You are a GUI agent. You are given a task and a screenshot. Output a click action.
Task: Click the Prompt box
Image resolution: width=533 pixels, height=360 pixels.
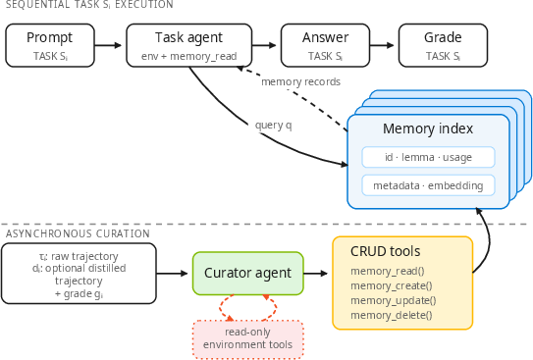[x=50, y=45]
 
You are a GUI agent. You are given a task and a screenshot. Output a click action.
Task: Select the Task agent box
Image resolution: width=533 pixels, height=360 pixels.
[x=189, y=45]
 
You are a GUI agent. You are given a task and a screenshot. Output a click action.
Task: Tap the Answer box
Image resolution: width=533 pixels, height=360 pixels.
[x=325, y=45]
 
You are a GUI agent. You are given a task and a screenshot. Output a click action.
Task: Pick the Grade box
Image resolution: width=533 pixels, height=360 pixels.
[x=443, y=45]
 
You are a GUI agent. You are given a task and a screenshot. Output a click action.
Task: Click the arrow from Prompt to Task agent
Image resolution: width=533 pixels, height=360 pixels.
[x=108, y=45]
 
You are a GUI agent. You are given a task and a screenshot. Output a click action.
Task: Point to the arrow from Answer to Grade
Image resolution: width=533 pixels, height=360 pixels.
[x=382, y=45]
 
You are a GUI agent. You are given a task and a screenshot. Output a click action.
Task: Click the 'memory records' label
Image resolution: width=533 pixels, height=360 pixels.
[x=300, y=81]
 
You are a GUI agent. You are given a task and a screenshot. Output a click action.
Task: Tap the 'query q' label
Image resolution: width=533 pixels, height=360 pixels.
[x=274, y=126]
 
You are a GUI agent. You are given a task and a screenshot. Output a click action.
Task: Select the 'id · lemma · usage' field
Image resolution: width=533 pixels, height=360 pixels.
[x=428, y=157]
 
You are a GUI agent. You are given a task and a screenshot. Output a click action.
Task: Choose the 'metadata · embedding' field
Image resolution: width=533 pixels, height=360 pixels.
[x=428, y=185]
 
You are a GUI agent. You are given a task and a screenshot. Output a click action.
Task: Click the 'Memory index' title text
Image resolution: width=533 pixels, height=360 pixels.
[x=428, y=129]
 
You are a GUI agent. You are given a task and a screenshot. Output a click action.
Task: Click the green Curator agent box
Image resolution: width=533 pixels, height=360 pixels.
[x=247, y=273]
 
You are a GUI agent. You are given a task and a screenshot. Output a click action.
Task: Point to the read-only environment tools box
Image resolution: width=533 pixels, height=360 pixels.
[x=247, y=339]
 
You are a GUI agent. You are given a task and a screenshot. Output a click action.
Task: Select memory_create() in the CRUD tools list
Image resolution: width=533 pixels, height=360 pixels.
[x=392, y=286]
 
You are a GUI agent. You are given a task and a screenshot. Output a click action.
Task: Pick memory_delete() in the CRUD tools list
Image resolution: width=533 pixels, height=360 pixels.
[x=392, y=316]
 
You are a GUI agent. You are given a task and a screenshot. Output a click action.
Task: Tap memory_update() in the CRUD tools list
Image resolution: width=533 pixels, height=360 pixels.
[x=394, y=300]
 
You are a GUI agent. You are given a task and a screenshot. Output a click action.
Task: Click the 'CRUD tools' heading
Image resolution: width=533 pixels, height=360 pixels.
[x=386, y=251]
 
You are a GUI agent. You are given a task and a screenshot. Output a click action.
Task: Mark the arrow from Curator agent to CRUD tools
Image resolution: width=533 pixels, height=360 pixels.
[x=315, y=273]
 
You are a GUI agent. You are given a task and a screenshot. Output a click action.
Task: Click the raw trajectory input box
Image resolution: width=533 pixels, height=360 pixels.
[x=79, y=274]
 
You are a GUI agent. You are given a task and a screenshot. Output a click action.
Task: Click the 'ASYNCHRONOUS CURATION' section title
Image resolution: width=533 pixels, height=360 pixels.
[x=78, y=233]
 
